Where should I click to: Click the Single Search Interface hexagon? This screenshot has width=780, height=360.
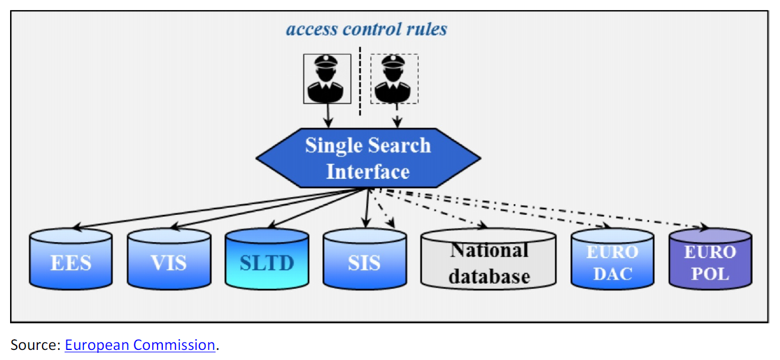[368, 159]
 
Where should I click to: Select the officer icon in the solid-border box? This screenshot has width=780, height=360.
[327, 79]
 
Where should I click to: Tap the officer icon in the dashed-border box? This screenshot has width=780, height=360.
[394, 79]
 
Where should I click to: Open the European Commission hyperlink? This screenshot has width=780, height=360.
[140, 345]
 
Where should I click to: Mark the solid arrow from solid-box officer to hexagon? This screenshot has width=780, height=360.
[328, 115]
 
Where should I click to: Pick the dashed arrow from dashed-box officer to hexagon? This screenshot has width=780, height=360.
[396, 115]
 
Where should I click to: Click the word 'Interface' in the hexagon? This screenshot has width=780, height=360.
[368, 172]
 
